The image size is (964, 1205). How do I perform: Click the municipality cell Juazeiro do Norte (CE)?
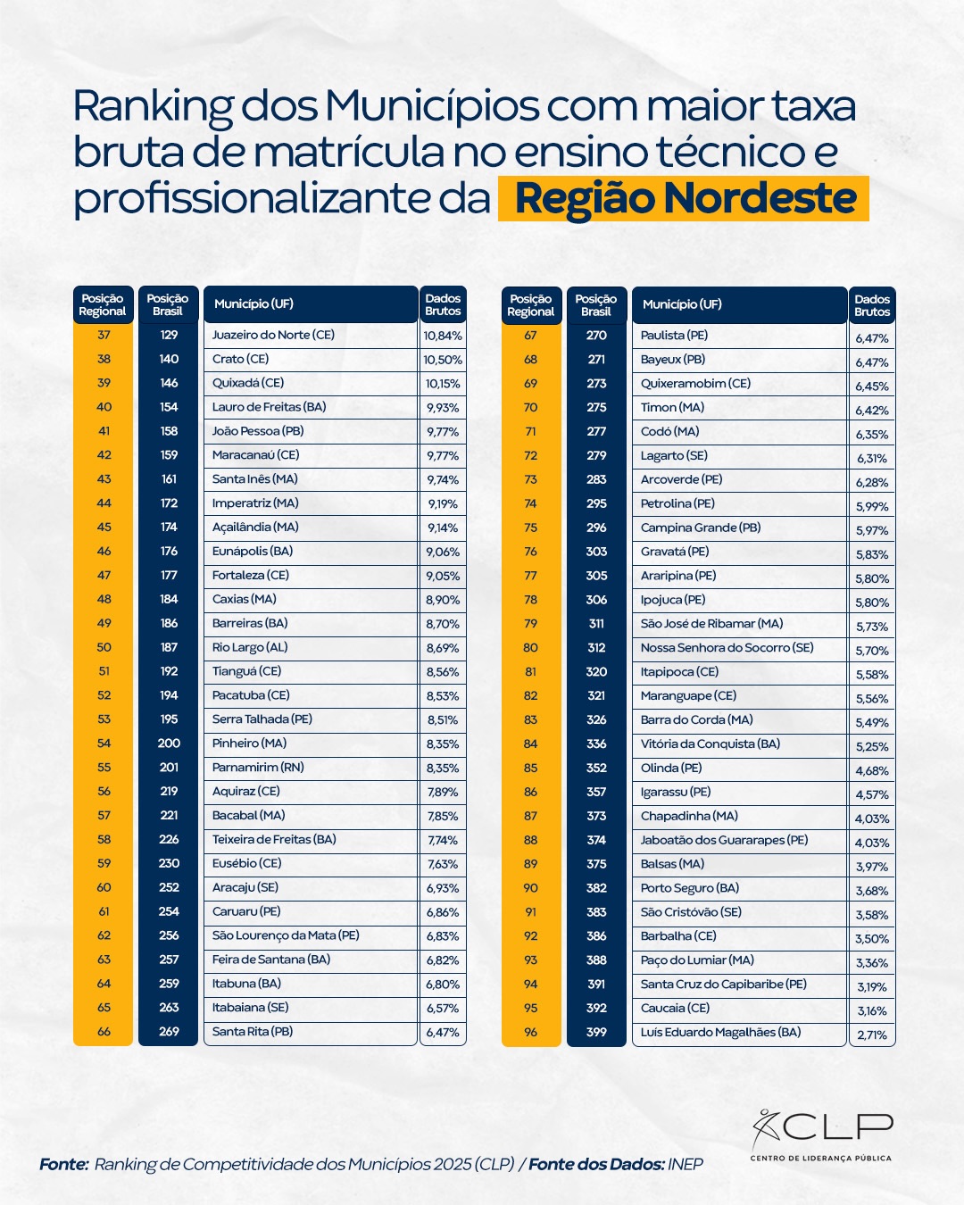pyautogui.click(x=273, y=335)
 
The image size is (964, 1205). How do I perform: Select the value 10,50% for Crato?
pyautogui.click(x=443, y=360)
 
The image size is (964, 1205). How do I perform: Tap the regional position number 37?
pyautogui.click(x=104, y=335)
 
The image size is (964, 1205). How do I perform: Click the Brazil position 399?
pyautogui.click(x=596, y=1032)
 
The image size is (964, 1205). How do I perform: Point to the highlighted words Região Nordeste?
pyautogui.click(x=685, y=198)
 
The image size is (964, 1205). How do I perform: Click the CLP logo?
pyautogui.click(x=821, y=1135)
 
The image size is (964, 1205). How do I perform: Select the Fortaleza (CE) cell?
pyautogui.click(x=251, y=576)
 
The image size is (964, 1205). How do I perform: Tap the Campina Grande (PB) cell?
pyautogui.click(x=701, y=528)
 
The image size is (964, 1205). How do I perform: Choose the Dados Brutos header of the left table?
pyautogui.click(x=443, y=304)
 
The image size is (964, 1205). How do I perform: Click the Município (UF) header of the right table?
pyautogui.click(x=682, y=304)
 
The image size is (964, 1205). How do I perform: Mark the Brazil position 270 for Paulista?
pyautogui.click(x=596, y=336)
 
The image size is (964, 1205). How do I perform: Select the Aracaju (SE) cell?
pyautogui.click(x=245, y=887)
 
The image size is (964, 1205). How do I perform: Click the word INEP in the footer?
pyautogui.click(x=686, y=1164)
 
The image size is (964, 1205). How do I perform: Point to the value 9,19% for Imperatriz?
pyautogui.click(x=443, y=503)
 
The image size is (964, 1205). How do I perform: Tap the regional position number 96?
pyautogui.click(x=531, y=1032)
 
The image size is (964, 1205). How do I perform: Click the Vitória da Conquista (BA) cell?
pyautogui.click(x=711, y=744)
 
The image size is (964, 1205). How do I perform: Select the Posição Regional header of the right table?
pyautogui.click(x=531, y=305)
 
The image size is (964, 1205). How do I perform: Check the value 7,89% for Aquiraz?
pyautogui.click(x=443, y=792)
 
